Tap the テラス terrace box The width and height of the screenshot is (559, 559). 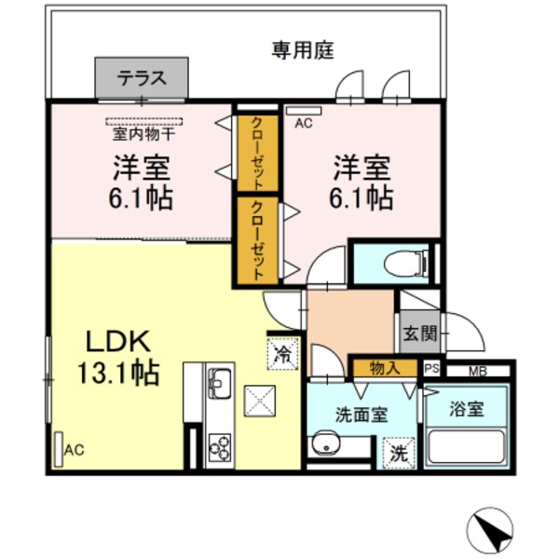(x=142, y=77)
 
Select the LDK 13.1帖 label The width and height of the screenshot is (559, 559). (x=117, y=357)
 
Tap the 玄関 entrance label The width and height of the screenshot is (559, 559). (x=413, y=331)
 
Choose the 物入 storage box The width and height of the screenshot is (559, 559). (x=385, y=367)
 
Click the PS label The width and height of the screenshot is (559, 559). (x=432, y=369)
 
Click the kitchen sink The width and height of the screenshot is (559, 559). (x=220, y=382)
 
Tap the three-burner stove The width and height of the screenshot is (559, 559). (x=220, y=449)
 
